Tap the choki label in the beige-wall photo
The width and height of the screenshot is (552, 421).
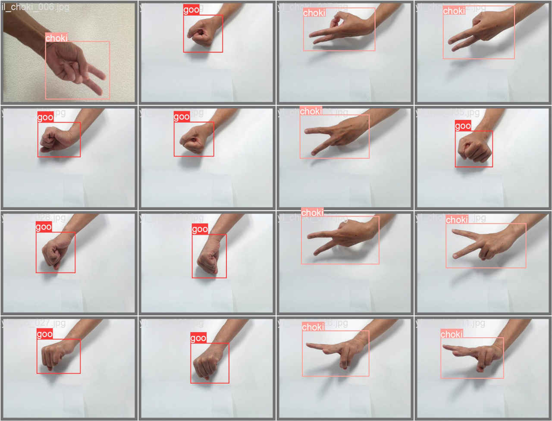pyautogui.click(x=56, y=38)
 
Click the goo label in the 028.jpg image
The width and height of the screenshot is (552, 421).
pyautogui.click(x=44, y=227)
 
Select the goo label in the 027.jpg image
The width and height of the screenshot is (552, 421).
pyautogui.click(x=44, y=334)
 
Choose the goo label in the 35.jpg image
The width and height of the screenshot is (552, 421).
pyautogui.click(x=463, y=126)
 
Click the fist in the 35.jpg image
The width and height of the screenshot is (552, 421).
pyautogui.click(x=473, y=149)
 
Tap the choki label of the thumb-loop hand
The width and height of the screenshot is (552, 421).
pyautogui.click(x=314, y=13)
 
